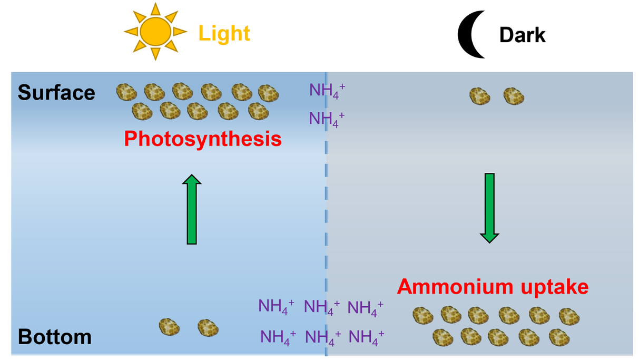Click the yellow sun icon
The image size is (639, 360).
click(x=155, y=32)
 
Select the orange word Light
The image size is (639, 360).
click(x=224, y=33)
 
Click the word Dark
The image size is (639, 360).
click(x=522, y=35)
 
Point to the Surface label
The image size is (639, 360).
click(x=56, y=93)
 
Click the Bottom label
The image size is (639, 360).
click(x=55, y=337)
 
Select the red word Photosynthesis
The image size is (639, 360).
click(x=203, y=139)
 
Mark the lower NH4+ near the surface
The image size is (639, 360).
click(x=327, y=119)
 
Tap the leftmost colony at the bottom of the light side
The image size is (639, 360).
click(x=169, y=327)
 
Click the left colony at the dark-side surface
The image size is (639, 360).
click(x=479, y=96)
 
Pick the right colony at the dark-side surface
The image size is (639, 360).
click(x=514, y=96)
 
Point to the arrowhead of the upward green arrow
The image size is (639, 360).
click(x=192, y=181)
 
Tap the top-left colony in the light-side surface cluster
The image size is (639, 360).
click(x=126, y=92)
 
